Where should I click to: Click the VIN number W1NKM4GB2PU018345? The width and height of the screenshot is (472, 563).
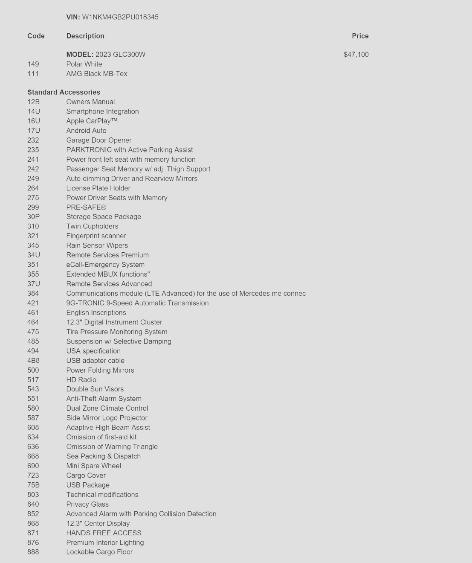coord(120,17)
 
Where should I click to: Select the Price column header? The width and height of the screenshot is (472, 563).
coord(360,36)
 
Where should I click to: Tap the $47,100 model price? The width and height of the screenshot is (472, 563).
coord(356,55)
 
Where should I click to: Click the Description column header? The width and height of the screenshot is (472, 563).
coord(85,36)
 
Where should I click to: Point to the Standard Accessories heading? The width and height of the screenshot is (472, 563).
coord(64,92)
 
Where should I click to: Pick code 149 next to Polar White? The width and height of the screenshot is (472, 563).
coord(33,64)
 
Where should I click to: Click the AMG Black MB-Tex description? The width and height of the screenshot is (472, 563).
coord(97,74)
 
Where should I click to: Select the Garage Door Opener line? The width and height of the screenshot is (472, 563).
coord(99,140)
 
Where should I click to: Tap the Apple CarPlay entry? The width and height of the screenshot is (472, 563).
coord(92,121)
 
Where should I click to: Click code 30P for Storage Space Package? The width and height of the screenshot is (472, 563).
coord(33,217)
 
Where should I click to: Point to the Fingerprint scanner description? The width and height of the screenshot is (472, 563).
coord(96,236)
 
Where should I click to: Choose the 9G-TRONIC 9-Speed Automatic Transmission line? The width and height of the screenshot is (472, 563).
coord(137,303)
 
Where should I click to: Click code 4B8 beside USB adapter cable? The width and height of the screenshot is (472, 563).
coord(33,361)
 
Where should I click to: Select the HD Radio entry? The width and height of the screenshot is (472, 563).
coord(81,380)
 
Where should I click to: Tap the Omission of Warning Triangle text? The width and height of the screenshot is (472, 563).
coord(112,447)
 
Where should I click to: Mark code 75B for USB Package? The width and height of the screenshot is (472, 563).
coord(33,485)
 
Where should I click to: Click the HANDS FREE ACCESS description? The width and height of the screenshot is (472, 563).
coord(104,533)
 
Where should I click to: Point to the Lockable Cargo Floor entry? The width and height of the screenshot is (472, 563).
coord(99,552)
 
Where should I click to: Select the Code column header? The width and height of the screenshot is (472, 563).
coord(36,36)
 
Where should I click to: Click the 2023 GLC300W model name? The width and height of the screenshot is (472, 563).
coord(120,55)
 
